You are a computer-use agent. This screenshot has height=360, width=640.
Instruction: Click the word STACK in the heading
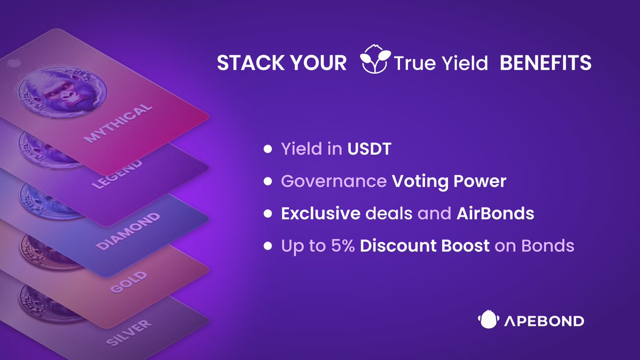251,63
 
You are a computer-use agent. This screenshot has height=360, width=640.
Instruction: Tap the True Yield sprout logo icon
375,59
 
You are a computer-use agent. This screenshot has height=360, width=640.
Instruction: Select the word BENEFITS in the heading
546,63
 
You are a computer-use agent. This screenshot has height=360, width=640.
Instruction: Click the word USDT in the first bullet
369,149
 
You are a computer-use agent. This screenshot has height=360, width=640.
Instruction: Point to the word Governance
334,181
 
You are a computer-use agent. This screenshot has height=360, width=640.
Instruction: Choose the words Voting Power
449,182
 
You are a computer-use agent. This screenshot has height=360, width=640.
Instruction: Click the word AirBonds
495,213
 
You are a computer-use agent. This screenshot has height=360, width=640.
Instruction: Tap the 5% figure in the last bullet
343,246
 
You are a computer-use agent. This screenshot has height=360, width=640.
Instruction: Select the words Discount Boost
425,246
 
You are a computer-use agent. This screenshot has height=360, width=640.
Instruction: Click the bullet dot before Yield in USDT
268,149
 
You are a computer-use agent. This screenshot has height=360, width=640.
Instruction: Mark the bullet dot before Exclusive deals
268,213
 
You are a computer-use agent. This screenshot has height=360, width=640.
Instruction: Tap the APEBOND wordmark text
544,321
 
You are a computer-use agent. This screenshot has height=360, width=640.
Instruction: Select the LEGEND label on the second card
117,174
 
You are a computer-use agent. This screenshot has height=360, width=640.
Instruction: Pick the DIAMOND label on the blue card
127,231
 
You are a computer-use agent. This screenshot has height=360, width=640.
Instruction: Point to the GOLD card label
129,282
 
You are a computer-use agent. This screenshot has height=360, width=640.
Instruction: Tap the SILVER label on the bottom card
129,333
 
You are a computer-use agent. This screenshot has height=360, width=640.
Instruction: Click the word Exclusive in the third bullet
321,213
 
